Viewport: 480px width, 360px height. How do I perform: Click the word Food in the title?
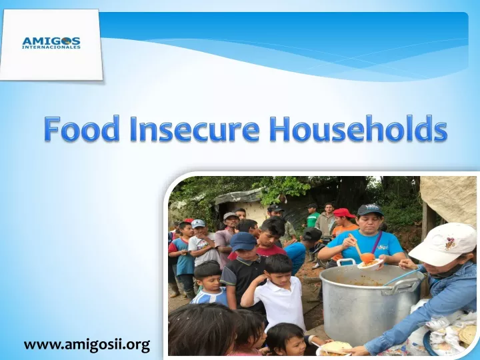pyautogui.click(x=81, y=128)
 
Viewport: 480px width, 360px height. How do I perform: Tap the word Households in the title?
pyautogui.click(x=359, y=128)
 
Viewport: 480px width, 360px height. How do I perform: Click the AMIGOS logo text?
pyautogui.click(x=51, y=41)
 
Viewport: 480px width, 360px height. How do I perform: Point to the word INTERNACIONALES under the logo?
pyautogui.click(x=51, y=47)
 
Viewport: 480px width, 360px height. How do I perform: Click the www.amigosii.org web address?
pyautogui.click(x=87, y=345)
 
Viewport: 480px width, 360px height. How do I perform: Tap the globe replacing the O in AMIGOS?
pyautogui.click(x=65, y=41)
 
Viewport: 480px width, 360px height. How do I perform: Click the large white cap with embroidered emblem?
pyautogui.click(x=443, y=244)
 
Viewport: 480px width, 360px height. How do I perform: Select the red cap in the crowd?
pyautogui.click(x=343, y=213)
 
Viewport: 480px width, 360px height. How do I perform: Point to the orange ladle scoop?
pyautogui.click(x=367, y=257)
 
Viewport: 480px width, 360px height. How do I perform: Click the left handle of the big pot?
pyautogui.click(x=346, y=262)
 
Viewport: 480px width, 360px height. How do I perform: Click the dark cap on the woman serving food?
pyautogui.click(x=370, y=210)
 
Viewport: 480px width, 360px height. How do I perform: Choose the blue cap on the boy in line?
pyautogui.click(x=243, y=241)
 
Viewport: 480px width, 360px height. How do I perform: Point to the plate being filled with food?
pyautogui.click(x=371, y=264)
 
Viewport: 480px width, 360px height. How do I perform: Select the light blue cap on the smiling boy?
pyautogui.click(x=198, y=223)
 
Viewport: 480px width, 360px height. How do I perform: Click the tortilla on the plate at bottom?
pyautogui.click(x=336, y=347)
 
